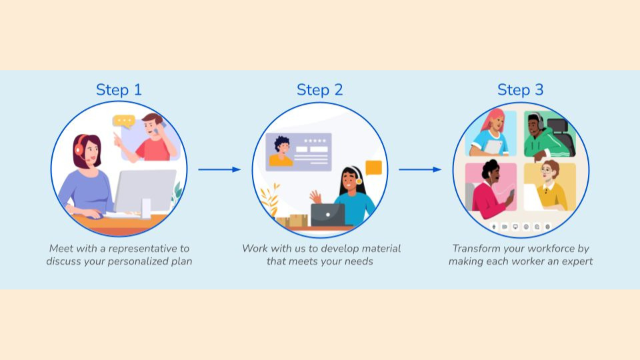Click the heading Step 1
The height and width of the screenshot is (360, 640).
[119, 89]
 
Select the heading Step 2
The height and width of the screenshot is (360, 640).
[319, 89]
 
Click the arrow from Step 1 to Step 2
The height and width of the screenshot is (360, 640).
[219, 169]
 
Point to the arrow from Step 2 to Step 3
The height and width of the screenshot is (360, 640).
[420, 169]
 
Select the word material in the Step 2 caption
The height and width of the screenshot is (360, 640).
[377, 248]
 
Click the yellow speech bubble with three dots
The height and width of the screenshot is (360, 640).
[123, 121]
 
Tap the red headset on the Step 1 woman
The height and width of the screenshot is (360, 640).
[79, 149]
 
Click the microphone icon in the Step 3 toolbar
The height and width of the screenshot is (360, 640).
[494, 227]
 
